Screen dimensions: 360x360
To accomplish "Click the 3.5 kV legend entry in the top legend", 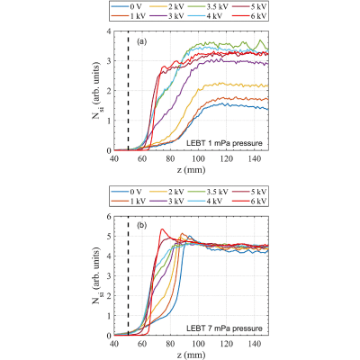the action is [x=208, y=6].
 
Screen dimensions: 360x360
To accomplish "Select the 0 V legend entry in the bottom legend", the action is [x=126, y=192].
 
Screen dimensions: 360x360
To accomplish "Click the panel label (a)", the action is [x=141, y=41].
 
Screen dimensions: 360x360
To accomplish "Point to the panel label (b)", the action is [x=141, y=225].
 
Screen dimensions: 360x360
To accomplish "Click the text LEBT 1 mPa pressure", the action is [x=224, y=143].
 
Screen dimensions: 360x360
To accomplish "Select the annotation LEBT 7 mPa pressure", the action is [x=224, y=328].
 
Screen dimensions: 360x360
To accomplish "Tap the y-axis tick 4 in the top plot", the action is [x=109, y=31].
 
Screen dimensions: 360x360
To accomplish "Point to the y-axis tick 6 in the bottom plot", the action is [x=109, y=217].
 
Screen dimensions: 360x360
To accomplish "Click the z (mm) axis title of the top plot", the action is [x=191, y=170].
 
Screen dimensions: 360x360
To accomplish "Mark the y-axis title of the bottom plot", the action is [x=97, y=275].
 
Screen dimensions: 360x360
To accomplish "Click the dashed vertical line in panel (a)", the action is [x=128, y=91].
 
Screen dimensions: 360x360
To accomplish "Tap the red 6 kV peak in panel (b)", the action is [x=162, y=229].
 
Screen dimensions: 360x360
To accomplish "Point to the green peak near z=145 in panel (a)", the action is [x=260, y=40].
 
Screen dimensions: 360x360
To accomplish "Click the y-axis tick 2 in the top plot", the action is [x=109, y=91].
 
